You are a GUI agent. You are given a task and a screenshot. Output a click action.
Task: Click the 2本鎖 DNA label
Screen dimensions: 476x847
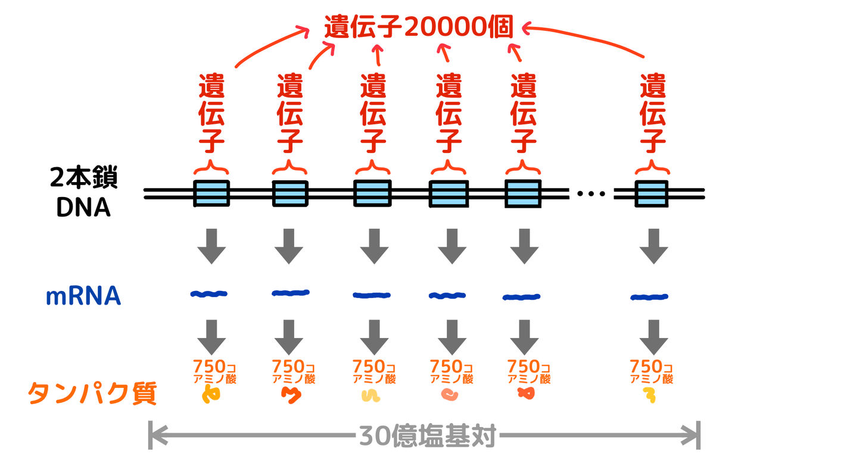coord(84,193)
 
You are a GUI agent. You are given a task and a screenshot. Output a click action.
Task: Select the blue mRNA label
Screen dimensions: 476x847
coord(83,296)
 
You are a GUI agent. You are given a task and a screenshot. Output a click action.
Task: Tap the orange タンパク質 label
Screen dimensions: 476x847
coord(92,393)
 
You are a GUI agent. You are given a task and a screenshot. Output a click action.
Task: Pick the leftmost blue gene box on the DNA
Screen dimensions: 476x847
coord(211,193)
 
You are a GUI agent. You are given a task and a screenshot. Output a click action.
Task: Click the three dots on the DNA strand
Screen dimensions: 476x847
coord(591,193)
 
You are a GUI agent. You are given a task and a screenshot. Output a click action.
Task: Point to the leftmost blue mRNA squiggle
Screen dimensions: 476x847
coord(208,293)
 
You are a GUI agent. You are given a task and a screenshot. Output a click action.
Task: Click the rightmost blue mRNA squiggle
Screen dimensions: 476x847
coord(649,296)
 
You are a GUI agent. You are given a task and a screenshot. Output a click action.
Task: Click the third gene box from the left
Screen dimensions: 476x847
coord(372,193)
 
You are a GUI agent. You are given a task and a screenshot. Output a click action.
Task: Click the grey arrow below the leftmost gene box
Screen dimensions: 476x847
coord(211,246)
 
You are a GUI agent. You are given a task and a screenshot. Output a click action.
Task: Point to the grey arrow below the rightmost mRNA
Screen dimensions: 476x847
coord(653,337)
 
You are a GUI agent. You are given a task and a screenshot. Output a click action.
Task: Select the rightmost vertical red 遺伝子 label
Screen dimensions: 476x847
coord(653,113)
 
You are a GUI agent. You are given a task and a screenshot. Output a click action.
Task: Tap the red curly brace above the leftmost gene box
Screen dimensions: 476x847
coord(211,167)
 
